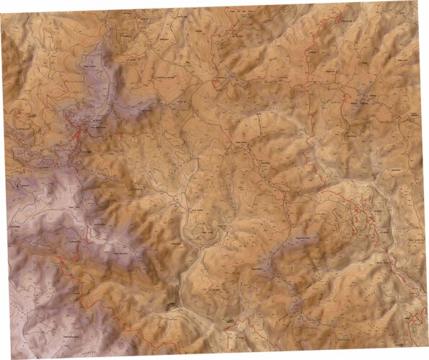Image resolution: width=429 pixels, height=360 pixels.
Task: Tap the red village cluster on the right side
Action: click(361, 210)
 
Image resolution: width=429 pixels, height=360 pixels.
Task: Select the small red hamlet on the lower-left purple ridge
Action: click(73, 255)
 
